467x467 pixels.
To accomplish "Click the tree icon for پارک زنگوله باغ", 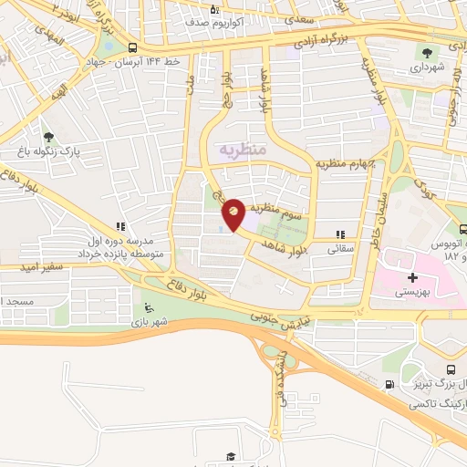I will coord(47,138).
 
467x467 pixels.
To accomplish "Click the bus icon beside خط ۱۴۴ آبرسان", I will coord(133,48).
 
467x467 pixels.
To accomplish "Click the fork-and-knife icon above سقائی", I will coord(341,234).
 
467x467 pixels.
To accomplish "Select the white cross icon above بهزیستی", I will coord(412,277).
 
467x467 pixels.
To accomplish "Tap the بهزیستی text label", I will coord(415,294).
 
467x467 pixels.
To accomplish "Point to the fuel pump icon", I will coord(390,384).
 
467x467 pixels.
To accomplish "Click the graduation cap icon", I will coord(231,456).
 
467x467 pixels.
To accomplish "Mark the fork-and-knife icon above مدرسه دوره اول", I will coord(119,226).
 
